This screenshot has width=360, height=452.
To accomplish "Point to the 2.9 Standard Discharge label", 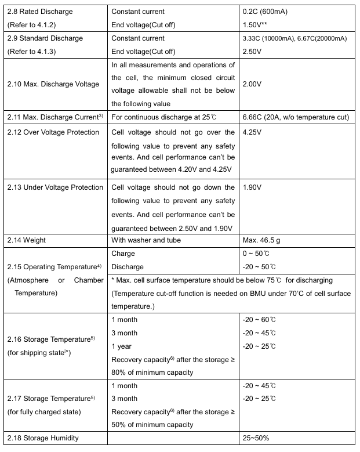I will click(x=45, y=38).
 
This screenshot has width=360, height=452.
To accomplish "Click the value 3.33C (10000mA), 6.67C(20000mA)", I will click(x=294, y=38).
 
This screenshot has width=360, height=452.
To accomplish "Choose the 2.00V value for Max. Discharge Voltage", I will click(x=253, y=84).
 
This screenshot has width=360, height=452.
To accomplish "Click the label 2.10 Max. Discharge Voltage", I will click(x=53, y=84).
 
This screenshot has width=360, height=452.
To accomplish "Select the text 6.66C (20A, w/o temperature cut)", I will click(x=296, y=117).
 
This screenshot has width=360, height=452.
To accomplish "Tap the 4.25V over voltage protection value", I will click(x=253, y=132).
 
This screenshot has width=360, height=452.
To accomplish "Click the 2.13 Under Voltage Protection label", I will click(x=55, y=187).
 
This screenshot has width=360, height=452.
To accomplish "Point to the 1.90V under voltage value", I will click(x=253, y=187).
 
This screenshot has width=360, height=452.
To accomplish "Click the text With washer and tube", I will click(x=146, y=240).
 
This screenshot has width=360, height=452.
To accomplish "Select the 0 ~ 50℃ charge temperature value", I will click(x=259, y=254).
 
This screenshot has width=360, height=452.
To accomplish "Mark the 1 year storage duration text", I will click(x=121, y=346).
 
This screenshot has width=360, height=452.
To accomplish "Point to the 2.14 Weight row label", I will click(x=26, y=240).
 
